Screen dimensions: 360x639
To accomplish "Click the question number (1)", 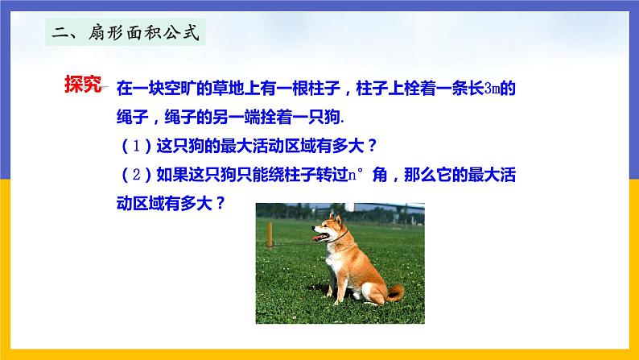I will [x=132, y=147].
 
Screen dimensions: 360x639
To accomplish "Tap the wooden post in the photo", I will [x=269, y=233].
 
